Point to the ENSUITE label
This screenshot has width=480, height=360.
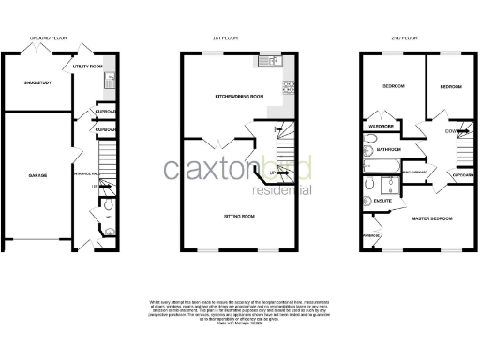click(382, 201)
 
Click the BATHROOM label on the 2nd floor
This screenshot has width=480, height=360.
click(388, 149)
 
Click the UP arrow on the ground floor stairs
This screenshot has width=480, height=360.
click(95, 186)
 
